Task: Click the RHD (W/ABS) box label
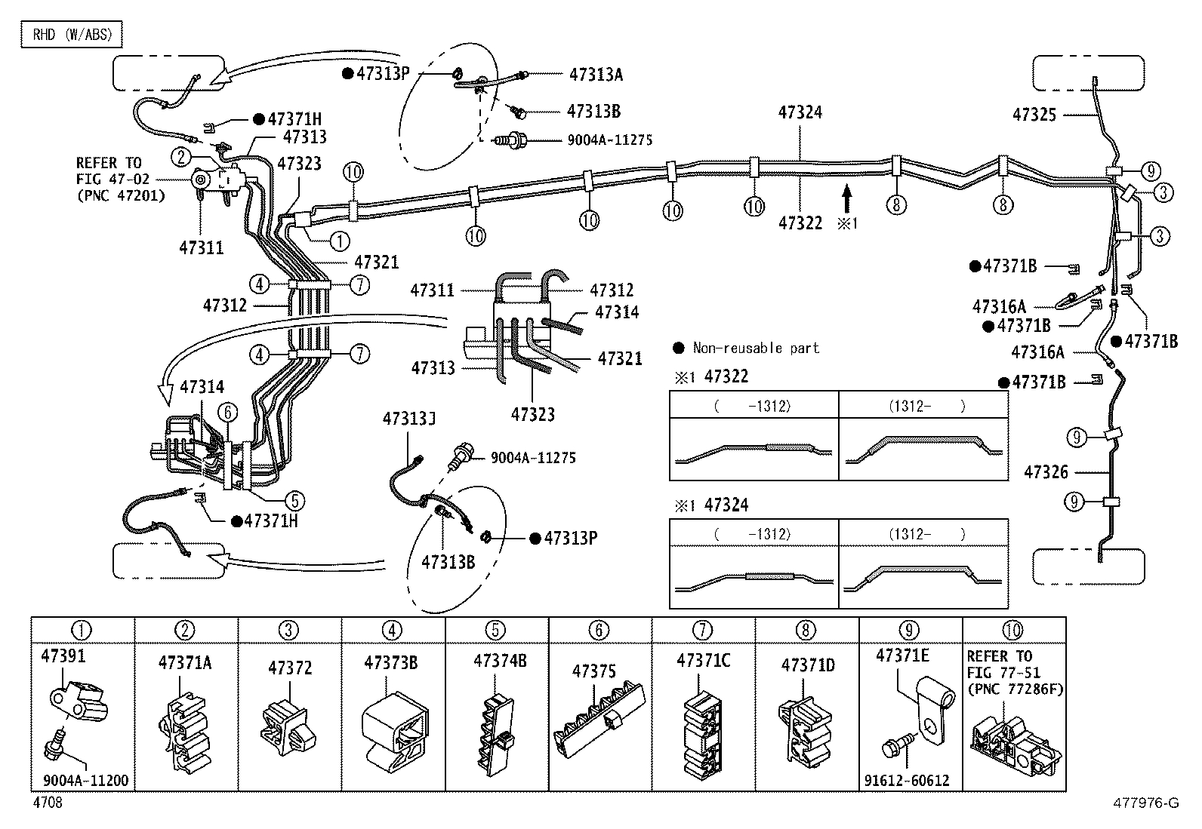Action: click(72, 34)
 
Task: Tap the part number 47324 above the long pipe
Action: click(800, 112)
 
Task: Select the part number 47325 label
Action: click(1034, 115)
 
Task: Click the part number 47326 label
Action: click(1046, 472)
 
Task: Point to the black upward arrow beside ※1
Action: click(847, 199)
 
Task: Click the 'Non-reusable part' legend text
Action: click(756, 348)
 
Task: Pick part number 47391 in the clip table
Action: click(63, 656)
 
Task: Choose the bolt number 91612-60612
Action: click(907, 780)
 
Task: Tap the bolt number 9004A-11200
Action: click(86, 780)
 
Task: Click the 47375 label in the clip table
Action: click(594, 671)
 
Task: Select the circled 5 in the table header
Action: click(495, 630)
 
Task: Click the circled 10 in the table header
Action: click(1012, 630)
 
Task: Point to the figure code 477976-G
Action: click(1145, 803)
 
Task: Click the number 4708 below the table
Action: click(48, 802)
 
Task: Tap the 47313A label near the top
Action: click(596, 75)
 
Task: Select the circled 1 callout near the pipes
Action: click(340, 241)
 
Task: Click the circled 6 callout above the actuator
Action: click(227, 412)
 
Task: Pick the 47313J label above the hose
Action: click(409, 419)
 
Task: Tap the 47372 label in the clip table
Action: click(290, 668)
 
